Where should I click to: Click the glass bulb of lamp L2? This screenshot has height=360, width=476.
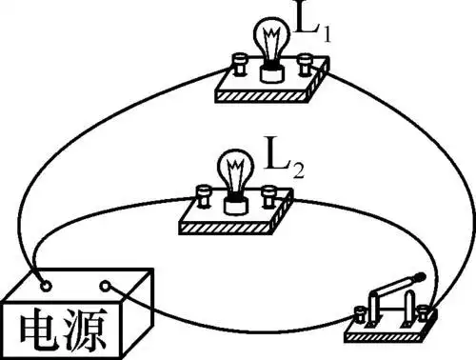(234, 170)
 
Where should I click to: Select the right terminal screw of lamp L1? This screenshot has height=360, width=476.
(305, 65)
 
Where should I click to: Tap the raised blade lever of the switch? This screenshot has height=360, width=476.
(390, 290)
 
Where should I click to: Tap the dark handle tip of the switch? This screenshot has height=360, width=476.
(420, 276)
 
